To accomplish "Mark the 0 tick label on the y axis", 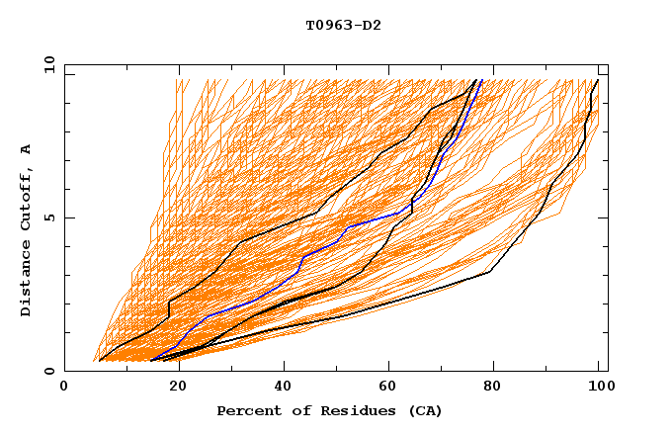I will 48,372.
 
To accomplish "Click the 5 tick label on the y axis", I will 48,217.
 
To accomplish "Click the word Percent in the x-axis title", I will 247,410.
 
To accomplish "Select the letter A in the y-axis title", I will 26,149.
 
